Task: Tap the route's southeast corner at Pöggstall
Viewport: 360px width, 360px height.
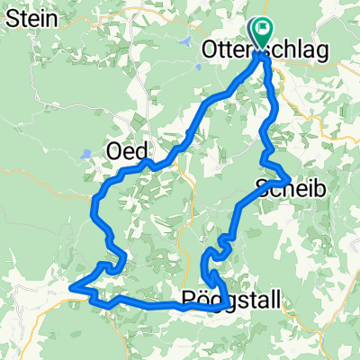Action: [222, 309]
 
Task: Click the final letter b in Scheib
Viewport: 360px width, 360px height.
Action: [318, 189]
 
